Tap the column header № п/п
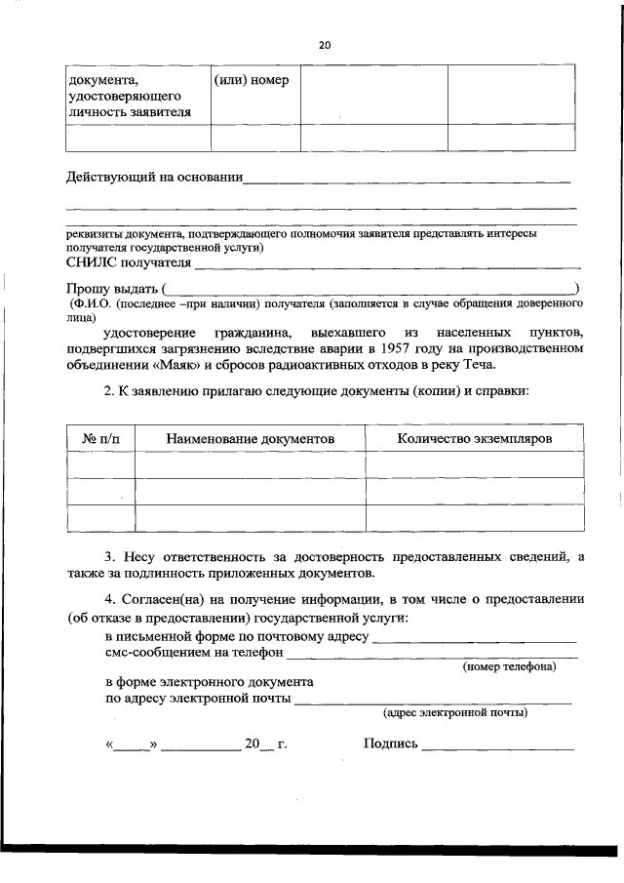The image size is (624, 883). point(100,439)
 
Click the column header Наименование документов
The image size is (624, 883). point(250,439)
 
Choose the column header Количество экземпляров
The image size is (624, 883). point(474,439)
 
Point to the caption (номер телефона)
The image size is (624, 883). point(509,667)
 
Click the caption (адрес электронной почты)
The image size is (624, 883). point(456,713)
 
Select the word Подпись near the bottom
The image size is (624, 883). point(390,744)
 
